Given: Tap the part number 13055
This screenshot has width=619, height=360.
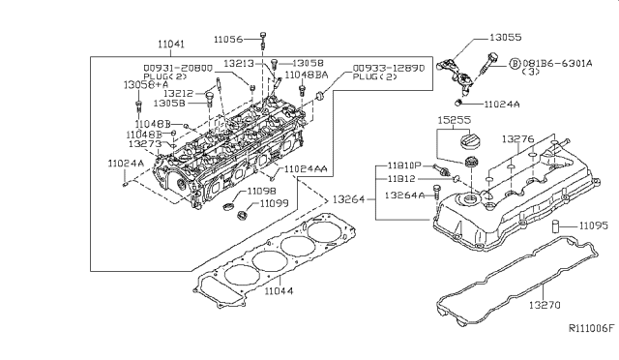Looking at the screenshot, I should pos(506,38).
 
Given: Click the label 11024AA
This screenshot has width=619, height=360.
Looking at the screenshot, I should pos(307,170).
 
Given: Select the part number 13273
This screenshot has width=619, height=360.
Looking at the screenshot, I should pos(144,143).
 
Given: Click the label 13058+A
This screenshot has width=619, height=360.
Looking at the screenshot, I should pos(141,84).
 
